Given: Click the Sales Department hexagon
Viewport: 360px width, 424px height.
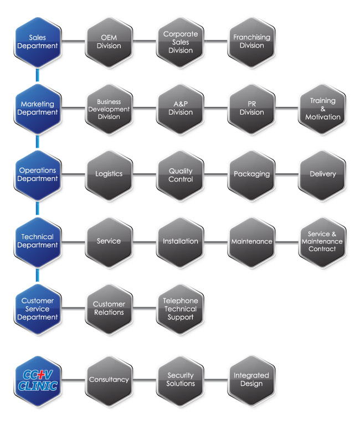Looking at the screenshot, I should [x=38, y=42].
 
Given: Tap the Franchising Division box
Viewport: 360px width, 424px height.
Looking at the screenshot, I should [x=251, y=42].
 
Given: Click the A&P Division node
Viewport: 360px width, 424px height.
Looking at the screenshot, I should [x=180, y=108].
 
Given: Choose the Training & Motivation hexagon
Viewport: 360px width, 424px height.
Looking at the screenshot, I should [x=322, y=108].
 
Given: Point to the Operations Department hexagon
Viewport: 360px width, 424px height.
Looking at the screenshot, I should [x=38, y=174].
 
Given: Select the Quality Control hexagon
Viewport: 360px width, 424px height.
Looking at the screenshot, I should [x=180, y=174].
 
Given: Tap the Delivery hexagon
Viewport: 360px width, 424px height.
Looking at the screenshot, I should [x=322, y=174].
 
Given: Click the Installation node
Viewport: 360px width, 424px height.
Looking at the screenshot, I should [x=180, y=241].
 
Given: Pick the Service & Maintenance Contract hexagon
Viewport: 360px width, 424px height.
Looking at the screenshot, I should [x=322, y=241].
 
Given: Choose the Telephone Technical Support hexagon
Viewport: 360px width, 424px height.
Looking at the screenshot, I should [x=180, y=309].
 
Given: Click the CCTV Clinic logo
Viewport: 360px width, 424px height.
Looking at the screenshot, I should [x=38, y=379].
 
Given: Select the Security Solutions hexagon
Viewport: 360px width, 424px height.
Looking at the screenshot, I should [x=180, y=379].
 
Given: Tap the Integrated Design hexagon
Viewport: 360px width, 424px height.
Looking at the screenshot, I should [x=251, y=379].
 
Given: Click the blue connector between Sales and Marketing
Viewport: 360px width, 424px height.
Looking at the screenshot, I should [x=38, y=75].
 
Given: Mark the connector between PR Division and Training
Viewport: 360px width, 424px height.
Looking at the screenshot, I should [x=287, y=108].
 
